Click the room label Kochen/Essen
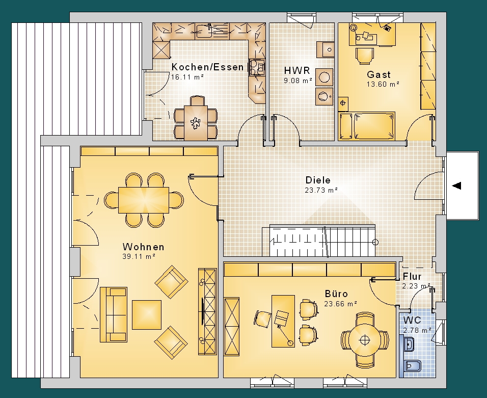pos(207,67)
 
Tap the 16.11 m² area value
pos(187,77)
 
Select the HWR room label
pos(297,70)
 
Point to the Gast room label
pos(378,74)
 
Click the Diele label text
pos(318,180)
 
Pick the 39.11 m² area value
pos(139,256)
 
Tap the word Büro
pos(336,294)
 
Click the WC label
pos(412,320)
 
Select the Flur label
pos(412,276)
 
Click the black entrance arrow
pos(456,186)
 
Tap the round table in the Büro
pos(365,340)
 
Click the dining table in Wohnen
pos(144,200)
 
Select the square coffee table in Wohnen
pos(147,315)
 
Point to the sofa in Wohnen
pos(114,314)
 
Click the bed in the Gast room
pos(367,126)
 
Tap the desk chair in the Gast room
pos(365,56)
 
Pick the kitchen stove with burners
pos(257,67)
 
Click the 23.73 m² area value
pos(321,190)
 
